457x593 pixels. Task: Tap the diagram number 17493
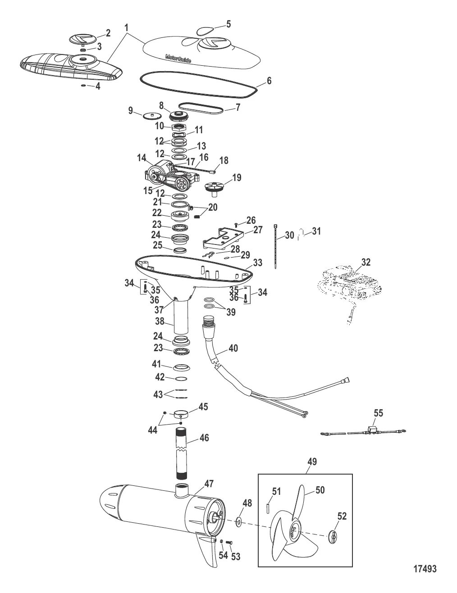[425, 569]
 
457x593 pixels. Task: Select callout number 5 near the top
[228, 23]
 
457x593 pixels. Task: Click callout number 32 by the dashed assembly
[366, 262]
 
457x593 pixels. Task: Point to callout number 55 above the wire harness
[378, 412]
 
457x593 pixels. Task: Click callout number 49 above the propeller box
[312, 462]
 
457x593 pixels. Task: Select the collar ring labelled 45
[181, 413]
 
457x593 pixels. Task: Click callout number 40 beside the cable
[233, 348]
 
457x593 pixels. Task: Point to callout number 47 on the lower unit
[209, 484]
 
